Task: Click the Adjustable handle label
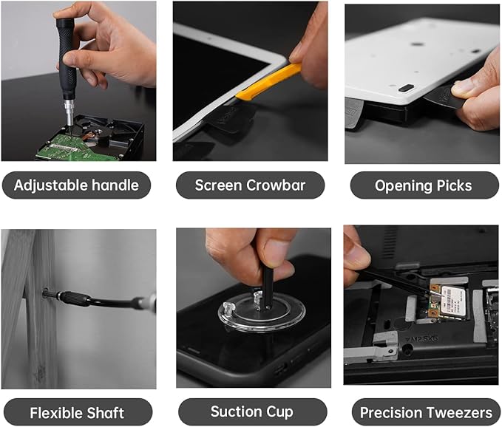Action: click(x=76, y=185)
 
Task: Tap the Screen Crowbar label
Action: click(x=250, y=185)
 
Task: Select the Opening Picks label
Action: click(x=424, y=185)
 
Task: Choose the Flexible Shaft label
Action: click(x=77, y=412)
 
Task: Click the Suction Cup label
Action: click(x=251, y=411)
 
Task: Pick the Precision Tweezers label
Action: click(x=425, y=412)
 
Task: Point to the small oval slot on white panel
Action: click(x=405, y=87)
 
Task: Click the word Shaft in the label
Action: click(x=104, y=412)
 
